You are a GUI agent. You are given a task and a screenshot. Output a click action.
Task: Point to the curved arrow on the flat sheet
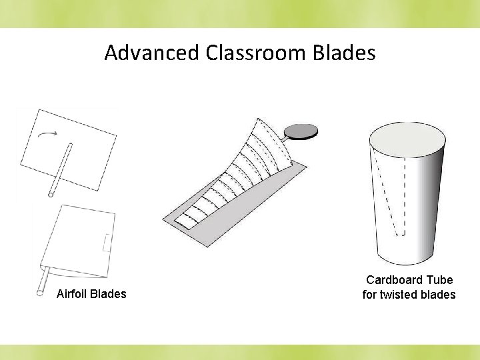47,135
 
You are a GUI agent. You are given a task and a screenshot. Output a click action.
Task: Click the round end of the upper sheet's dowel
51,194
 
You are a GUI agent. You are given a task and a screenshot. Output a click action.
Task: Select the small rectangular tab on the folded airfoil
107,243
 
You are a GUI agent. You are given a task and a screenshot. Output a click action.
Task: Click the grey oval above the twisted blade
300,130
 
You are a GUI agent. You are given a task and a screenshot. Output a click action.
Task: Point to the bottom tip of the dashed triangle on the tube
399,233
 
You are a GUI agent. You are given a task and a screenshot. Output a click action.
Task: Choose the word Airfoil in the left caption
72,294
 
